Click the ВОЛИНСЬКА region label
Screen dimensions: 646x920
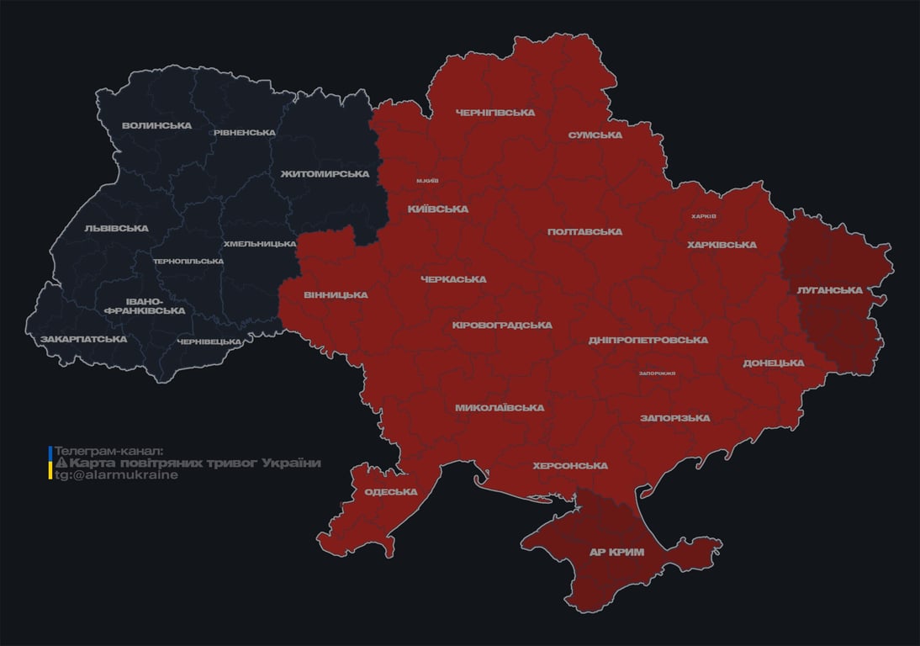click(x=156, y=125)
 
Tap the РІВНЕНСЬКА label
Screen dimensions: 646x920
click(x=244, y=133)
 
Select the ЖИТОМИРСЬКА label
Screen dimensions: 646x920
click(x=325, y=174)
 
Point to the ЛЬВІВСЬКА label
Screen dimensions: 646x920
click(x=116, y=228)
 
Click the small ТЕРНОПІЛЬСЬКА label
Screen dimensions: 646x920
click(x=188, y=261)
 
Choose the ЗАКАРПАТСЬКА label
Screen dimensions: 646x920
click(x=84, y=339)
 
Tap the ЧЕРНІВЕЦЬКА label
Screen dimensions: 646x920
click(x=209, y=342)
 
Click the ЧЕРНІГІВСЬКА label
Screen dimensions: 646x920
click(x=495, y=112)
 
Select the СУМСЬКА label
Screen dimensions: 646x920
click(x=595, y=135)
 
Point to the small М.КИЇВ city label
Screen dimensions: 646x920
click(x=427, y=181)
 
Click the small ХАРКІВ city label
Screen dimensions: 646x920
click(x=704, y=216)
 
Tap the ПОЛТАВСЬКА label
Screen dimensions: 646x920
click(x=584, y=231)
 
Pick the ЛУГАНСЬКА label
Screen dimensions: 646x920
click(x=830, y=290)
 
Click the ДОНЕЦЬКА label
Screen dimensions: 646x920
click(x=774, y=363)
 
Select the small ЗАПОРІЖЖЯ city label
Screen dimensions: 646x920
click(x=657, y=373)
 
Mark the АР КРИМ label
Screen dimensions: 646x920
click(x=616, y=552)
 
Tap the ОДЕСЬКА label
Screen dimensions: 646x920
click(x=391, y=492)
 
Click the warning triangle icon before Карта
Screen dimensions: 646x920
click(x=61, y=463)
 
